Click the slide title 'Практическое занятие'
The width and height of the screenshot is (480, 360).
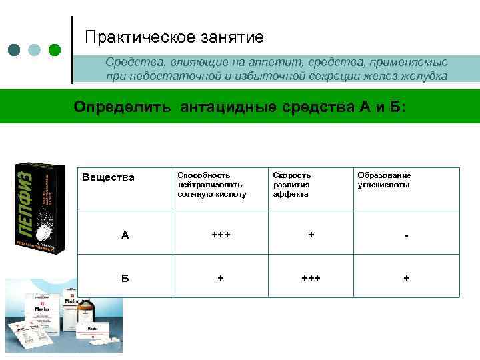(175, 37)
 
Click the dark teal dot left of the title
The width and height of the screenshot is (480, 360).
(14, 50)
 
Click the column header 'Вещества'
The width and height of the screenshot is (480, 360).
(108, 177)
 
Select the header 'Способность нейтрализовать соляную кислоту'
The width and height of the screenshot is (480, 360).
(212, 185)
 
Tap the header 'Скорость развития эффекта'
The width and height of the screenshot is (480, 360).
(292, 185)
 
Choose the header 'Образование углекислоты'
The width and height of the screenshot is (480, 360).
(384, 180)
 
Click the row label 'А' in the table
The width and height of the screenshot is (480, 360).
(125, 235)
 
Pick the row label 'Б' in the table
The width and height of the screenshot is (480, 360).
(125, 277)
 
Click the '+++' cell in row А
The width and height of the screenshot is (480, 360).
(220, 235)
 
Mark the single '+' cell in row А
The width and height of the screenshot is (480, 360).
(311, 235)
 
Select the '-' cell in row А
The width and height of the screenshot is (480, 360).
(407, 235)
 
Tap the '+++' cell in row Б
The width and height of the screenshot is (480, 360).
(311, 277)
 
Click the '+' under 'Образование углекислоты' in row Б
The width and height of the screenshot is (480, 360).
(407, 277)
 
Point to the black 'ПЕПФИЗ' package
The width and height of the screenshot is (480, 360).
(39, 207)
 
